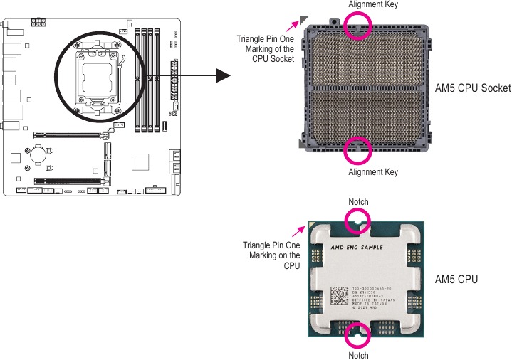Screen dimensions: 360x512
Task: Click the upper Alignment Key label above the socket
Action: (372, 5)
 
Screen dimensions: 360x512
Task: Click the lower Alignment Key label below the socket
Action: (372, 172)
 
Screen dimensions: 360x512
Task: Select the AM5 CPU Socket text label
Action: (473, 88)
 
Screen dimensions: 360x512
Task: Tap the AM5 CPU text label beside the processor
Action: (456, 280)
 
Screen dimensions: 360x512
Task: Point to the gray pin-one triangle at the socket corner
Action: (305, 21)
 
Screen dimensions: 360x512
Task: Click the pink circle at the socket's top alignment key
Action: (358, 26)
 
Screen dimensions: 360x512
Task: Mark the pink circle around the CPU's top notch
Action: (358, 223)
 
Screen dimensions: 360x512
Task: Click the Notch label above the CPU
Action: (358, 202)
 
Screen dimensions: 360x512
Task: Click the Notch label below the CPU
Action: (358, 354)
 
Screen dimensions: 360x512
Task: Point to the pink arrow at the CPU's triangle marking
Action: (299, 231)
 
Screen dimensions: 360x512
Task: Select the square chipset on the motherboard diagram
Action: (140, 162)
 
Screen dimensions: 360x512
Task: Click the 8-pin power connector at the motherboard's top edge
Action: (38, 23)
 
